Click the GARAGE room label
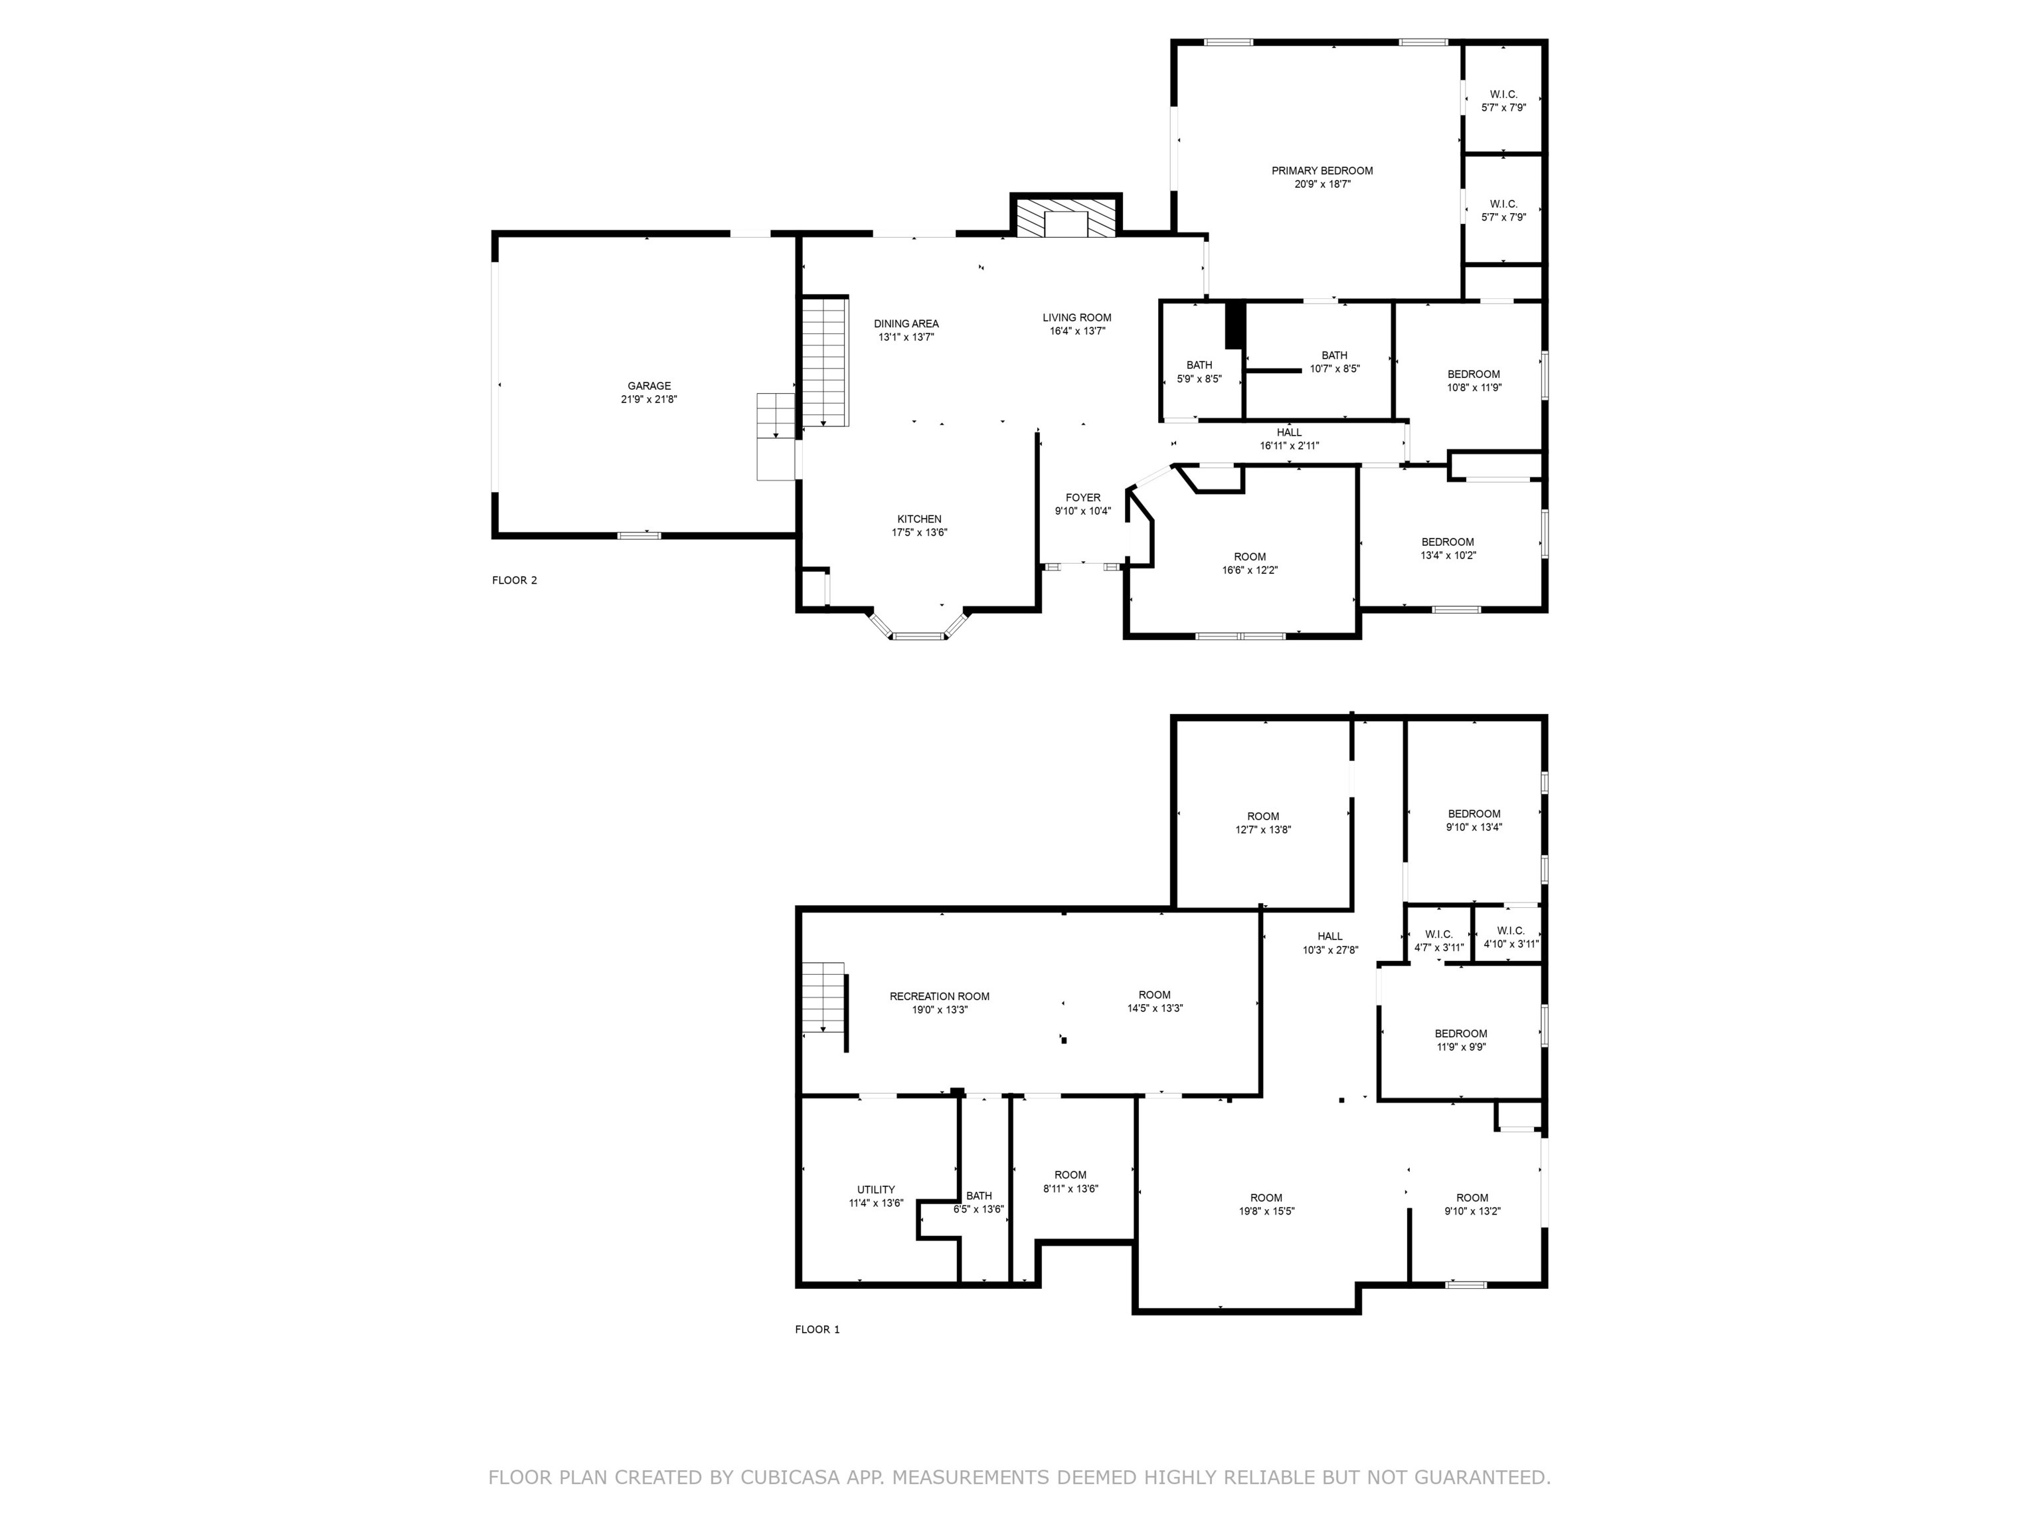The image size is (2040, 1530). pos(649,386)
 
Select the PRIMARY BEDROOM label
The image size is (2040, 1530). pos(1321,171)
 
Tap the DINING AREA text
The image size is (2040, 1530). pos(906,323)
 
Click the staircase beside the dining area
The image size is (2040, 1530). pos(823,361)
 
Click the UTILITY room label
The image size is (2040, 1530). pos(875,1190)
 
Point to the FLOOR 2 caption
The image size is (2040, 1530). pos(514,580)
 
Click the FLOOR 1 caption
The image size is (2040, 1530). pos(817,1329)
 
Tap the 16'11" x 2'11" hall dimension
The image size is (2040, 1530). pos(1290,446)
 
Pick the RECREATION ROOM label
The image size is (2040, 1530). pos(939,996)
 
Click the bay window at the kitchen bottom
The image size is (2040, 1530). pos(918,634)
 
